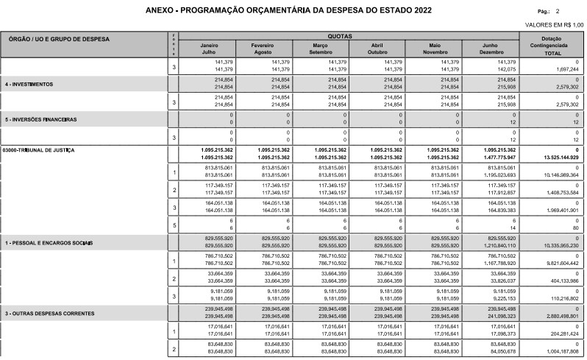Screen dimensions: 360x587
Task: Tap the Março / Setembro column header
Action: [320, 49]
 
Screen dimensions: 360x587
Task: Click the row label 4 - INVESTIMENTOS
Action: [30, 84]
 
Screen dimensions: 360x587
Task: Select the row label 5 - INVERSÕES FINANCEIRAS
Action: [41, 119]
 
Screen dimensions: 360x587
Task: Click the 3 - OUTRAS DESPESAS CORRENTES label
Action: [50, 314]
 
